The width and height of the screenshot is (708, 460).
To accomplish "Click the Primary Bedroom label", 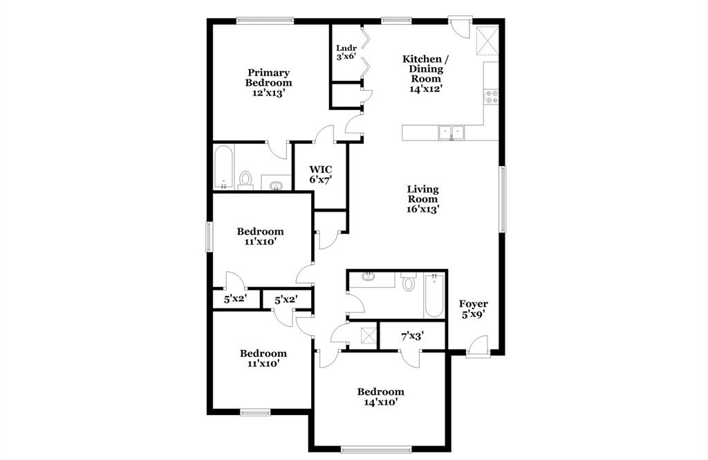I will [268, 82].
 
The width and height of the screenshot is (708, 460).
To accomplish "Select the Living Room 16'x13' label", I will [422, 199].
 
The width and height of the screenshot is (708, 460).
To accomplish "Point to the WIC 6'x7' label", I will [320, 174].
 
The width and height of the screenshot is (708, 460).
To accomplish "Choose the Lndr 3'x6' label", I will [346, 52].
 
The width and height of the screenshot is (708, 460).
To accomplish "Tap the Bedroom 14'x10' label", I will [380, 396].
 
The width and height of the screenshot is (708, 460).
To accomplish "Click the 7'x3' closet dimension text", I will [412, 336].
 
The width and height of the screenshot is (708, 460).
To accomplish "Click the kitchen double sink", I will [451, 131].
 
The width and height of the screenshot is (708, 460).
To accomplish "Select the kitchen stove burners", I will [492, 97].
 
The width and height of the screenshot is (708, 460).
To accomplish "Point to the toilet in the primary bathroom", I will [245, 180].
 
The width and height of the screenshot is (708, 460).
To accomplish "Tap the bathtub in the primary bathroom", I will [223, 167].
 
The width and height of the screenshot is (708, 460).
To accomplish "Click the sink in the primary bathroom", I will [277, 184].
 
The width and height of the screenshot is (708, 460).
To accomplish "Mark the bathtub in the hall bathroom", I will [434, 295].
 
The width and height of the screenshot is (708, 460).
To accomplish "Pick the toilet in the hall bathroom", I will [408, 282].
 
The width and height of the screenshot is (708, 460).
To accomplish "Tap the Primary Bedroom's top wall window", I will [265, 20].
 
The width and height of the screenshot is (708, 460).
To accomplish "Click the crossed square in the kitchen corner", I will [487, 41].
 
